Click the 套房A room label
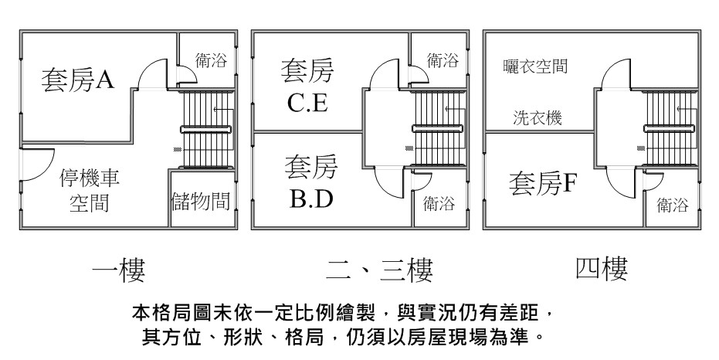(77, 79)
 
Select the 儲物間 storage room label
(200, 202)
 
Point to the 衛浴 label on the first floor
(211, 61)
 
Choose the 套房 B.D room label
(311, 182)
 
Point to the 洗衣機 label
(538, 119)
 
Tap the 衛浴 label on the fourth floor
(673, 205)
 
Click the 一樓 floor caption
(118, 270)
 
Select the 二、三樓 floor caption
(378, 270)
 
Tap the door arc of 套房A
(151, 74)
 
